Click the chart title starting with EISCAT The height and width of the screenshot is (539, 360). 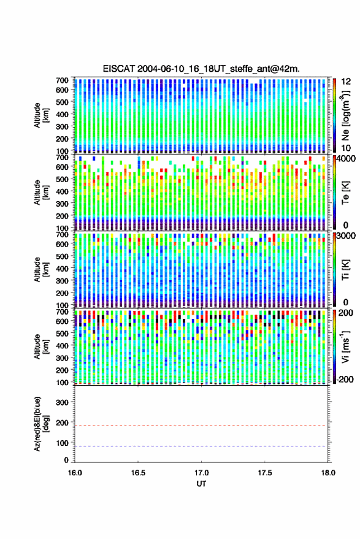[201, 69]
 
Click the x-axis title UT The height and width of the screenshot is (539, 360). [201, 484]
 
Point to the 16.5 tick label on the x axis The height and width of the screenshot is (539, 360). [138, 473]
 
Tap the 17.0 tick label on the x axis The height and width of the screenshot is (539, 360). [201, 473]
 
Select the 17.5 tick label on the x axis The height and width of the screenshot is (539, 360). [264, 473]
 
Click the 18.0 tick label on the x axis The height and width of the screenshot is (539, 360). [328, 473]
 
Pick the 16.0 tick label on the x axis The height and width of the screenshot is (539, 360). [75, 473]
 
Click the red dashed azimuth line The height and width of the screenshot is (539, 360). [201, 426]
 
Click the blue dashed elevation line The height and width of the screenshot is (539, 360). [201, 446]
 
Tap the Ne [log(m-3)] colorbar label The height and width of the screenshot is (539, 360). [345, 115]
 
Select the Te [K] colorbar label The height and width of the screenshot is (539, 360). [345, 193]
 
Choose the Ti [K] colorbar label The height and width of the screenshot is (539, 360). [345, 270]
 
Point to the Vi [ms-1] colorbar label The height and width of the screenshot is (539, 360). [345, 346]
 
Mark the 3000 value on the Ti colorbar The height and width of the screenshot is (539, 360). [346, 236]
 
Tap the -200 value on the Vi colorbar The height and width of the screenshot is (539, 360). [345, 379]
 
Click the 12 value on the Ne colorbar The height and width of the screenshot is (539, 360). [345, 82]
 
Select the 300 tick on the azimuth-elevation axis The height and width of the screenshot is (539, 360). [62, 402]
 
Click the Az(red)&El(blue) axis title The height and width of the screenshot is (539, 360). [41, 424]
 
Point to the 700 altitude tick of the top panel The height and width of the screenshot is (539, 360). [62, 80]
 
